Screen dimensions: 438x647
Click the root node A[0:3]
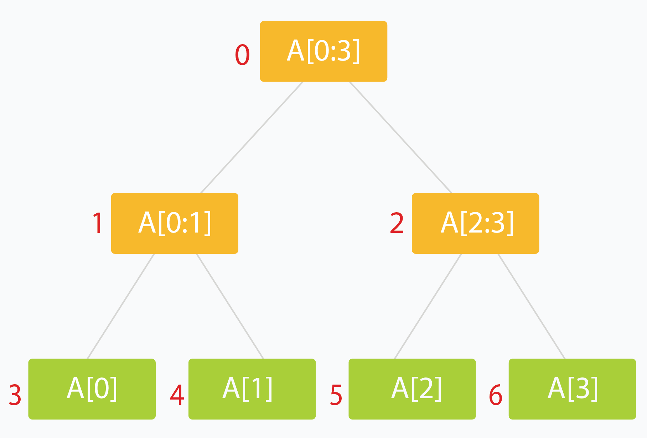point(323,51)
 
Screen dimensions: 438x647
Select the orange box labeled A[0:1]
point(175,223)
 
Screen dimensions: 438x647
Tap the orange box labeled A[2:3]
point(475,223)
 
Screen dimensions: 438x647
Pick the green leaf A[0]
point(92,389)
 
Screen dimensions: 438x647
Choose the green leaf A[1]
point(252,389)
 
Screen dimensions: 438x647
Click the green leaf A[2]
point(412,389)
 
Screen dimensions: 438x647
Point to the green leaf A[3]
point(572,389)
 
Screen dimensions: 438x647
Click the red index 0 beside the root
point(242,55)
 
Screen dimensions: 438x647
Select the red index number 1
point(98,223)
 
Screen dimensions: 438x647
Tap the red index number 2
point(397,223)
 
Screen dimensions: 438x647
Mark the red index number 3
point(15,395)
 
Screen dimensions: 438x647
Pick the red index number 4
point(177,395)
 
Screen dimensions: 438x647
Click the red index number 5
point(336,395)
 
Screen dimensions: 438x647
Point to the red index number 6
point(496,395)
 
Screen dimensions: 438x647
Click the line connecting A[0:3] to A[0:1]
point(252,137)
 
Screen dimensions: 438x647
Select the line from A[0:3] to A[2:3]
point(400,137)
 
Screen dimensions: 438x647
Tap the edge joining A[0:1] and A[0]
point(121,306)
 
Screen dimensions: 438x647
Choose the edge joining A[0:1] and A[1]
point(230,306)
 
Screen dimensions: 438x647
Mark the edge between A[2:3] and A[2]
point(428,306)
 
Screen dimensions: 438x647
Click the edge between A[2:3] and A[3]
point(531,306)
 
